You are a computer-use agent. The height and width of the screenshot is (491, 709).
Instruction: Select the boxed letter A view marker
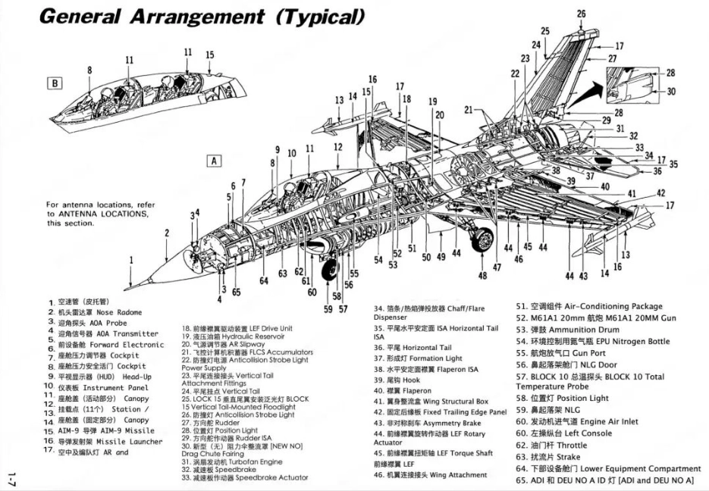coord(215,161)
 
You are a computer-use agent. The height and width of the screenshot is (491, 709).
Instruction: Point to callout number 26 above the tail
coord(581,14)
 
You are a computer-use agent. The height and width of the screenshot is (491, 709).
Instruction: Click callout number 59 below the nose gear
coord(328,308)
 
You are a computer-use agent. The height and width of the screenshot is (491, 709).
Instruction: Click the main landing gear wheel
coord(481,241)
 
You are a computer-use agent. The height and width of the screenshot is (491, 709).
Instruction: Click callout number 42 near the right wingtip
coord(660,192)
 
